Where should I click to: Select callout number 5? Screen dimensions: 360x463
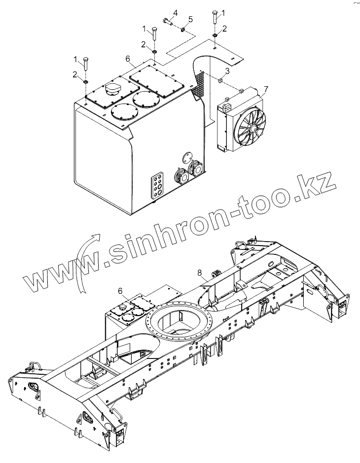click(191, 19)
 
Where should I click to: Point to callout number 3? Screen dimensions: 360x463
click(227, 71)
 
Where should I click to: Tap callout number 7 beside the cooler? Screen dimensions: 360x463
click(265, 89)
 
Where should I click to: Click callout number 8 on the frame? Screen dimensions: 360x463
click(199, 272)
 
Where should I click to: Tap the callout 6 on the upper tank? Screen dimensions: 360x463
click(128, 59)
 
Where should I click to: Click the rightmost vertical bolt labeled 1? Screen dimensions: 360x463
click(216, 19)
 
